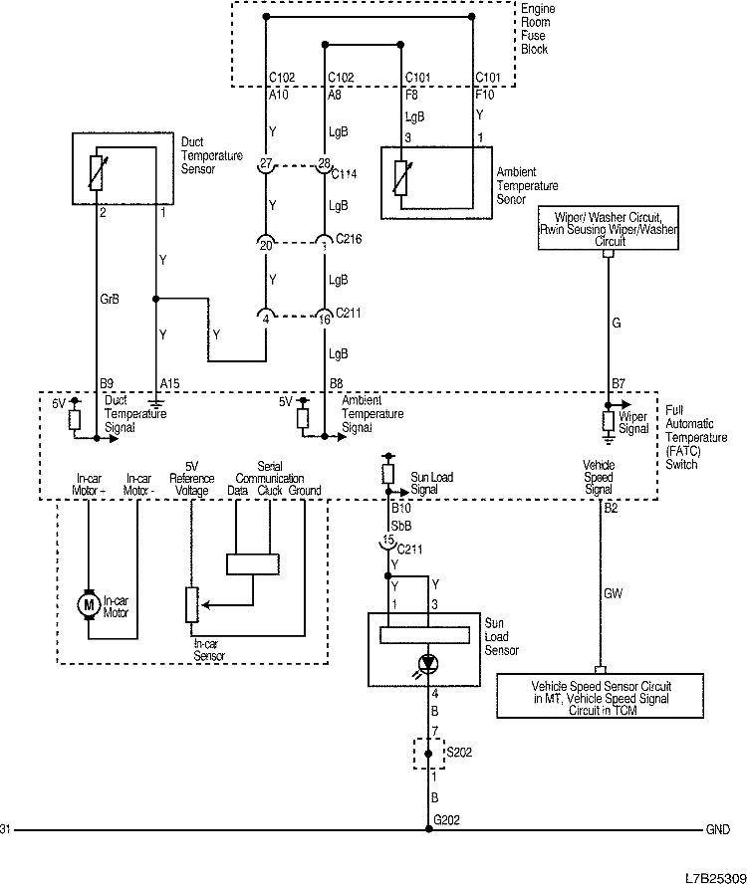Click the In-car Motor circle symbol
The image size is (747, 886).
click(x=89, y=603)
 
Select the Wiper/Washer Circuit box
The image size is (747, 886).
click(x=609, y=228)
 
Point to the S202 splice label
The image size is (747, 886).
click(x=460, y=752)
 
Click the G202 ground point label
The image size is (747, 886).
click(x=446, y=819)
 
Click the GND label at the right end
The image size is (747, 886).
click(x=718, y=829)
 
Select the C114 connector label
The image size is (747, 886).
click(x=349, y=173)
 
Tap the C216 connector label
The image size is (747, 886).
click(x=349, y=240)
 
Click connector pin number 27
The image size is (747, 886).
click(x=266, y=162)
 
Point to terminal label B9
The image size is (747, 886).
click(x=107, y=381)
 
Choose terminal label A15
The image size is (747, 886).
click(x=168, y=381)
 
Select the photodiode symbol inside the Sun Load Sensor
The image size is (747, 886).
click(x=429, y=662)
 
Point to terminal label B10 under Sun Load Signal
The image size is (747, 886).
click(x=400, y=507)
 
